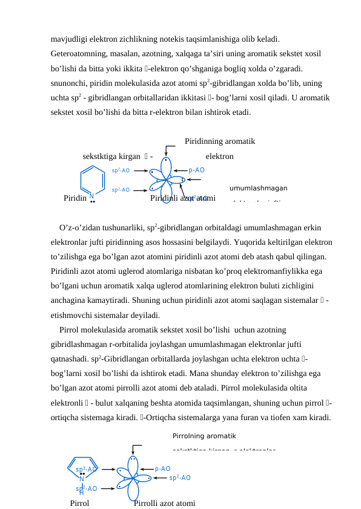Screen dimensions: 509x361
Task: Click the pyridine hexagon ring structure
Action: click(x=91, y=180)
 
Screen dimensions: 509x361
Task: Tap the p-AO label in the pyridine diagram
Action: click(x=197, y=170)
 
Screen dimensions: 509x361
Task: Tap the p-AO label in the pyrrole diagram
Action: click(x=162, y=468)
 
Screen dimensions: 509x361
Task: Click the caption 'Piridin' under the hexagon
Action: click(x=75, y=198)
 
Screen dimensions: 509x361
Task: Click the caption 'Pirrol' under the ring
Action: click(x=79, y=503)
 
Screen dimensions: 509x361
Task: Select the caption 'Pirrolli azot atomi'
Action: click(x=164, y=503)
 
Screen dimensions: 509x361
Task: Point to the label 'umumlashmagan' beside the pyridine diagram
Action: click(x=258, y=188)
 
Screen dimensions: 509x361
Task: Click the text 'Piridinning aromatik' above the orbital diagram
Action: click(x=219, y=142)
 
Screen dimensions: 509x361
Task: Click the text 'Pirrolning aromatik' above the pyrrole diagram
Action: click(x=204, y=435)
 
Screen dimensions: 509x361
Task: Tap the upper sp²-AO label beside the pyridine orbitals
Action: click(x=121, y=170)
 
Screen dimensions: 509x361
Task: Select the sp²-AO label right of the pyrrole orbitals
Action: click(x=180, y=478)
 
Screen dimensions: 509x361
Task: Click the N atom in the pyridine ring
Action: click(x=91, y=195)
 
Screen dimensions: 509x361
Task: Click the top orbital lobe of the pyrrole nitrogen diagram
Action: click(x=131, y=462)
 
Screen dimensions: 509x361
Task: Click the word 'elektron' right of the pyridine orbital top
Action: click(x=219, y=157)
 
